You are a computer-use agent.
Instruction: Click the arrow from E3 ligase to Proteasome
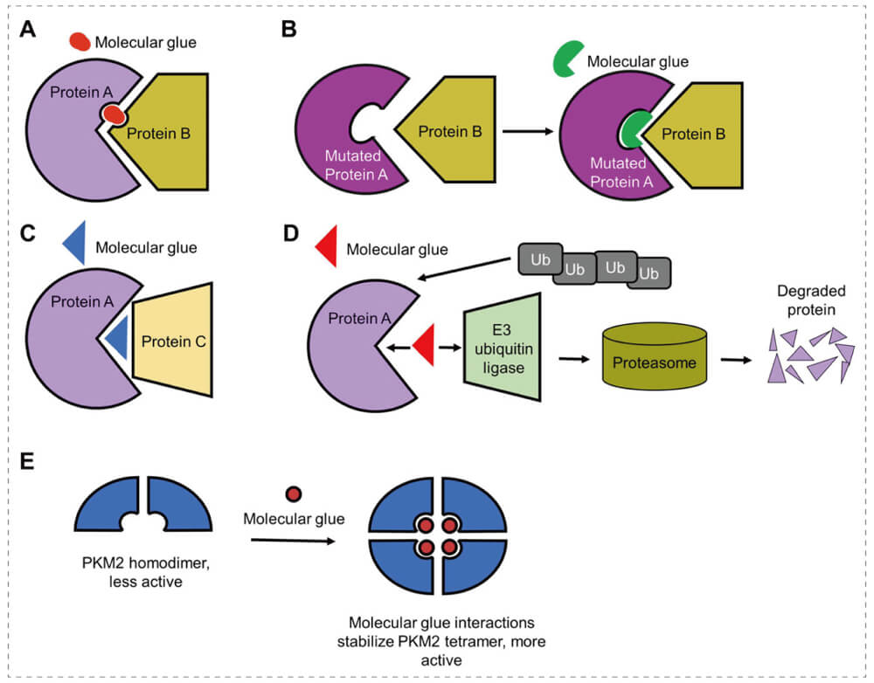(x=573, y=357)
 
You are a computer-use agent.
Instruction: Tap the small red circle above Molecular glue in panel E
(x=294, y=495)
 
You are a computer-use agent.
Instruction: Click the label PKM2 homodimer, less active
(x=141, y=570)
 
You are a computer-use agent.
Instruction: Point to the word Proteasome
(x=655, y=363)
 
